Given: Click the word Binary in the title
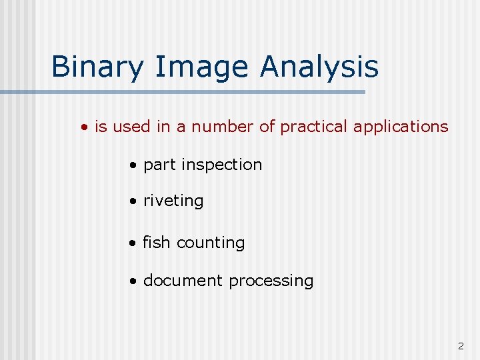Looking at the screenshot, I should (x=97, y=67).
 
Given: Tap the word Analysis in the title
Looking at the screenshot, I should (x=319, y=67).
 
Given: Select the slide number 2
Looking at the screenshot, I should (x=460, y=345).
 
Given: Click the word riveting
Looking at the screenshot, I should (x=173, y=201).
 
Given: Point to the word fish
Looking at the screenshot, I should (x=157, y=242).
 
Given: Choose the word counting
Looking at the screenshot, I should (x=211, y=243).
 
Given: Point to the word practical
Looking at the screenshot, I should (x=312, y=127).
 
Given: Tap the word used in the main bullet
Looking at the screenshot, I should (x=131, y=126).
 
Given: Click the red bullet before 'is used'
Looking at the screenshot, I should (x=85, y=127).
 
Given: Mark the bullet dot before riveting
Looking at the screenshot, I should (x=134, y=201).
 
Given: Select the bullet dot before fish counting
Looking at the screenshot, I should (x=134, y=243).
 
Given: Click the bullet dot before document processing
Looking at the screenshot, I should (x=134, y=281).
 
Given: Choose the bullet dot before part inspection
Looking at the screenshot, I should (x=134, y=165).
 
